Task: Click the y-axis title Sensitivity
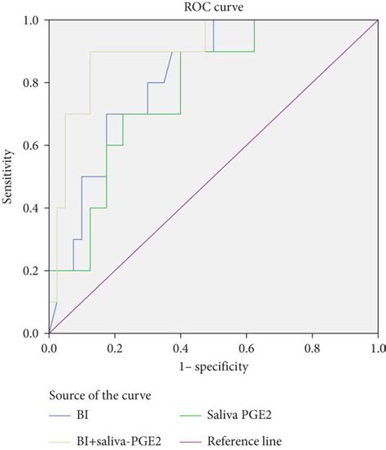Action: pos(11,177)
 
